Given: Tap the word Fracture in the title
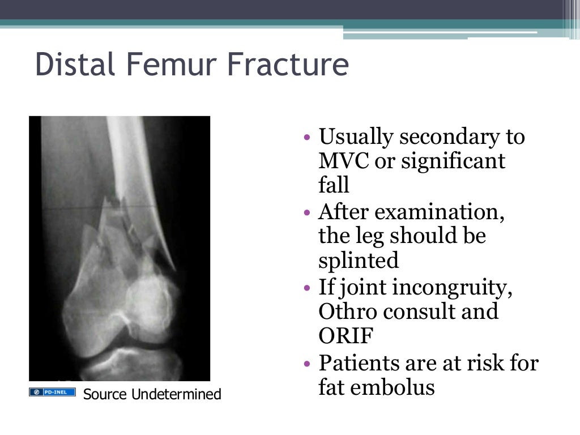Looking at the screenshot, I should [288, 65].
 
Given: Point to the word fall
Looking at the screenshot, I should [334, 186].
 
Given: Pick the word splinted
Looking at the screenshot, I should [359, 261].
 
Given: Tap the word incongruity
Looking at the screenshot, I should [453, 287].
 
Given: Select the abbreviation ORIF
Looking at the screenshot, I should [346, 335].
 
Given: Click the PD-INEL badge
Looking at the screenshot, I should [52, 392].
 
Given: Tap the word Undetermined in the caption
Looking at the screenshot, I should [176, 394].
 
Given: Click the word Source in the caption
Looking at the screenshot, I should [105, 394].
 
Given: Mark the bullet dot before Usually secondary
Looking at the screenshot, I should [306, 138].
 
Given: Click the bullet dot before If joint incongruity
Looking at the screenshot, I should [306, 288].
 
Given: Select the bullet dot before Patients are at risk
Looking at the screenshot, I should [306, 363].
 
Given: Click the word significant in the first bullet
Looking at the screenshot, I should [453, 162].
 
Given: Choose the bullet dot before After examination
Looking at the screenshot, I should [306, 213].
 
